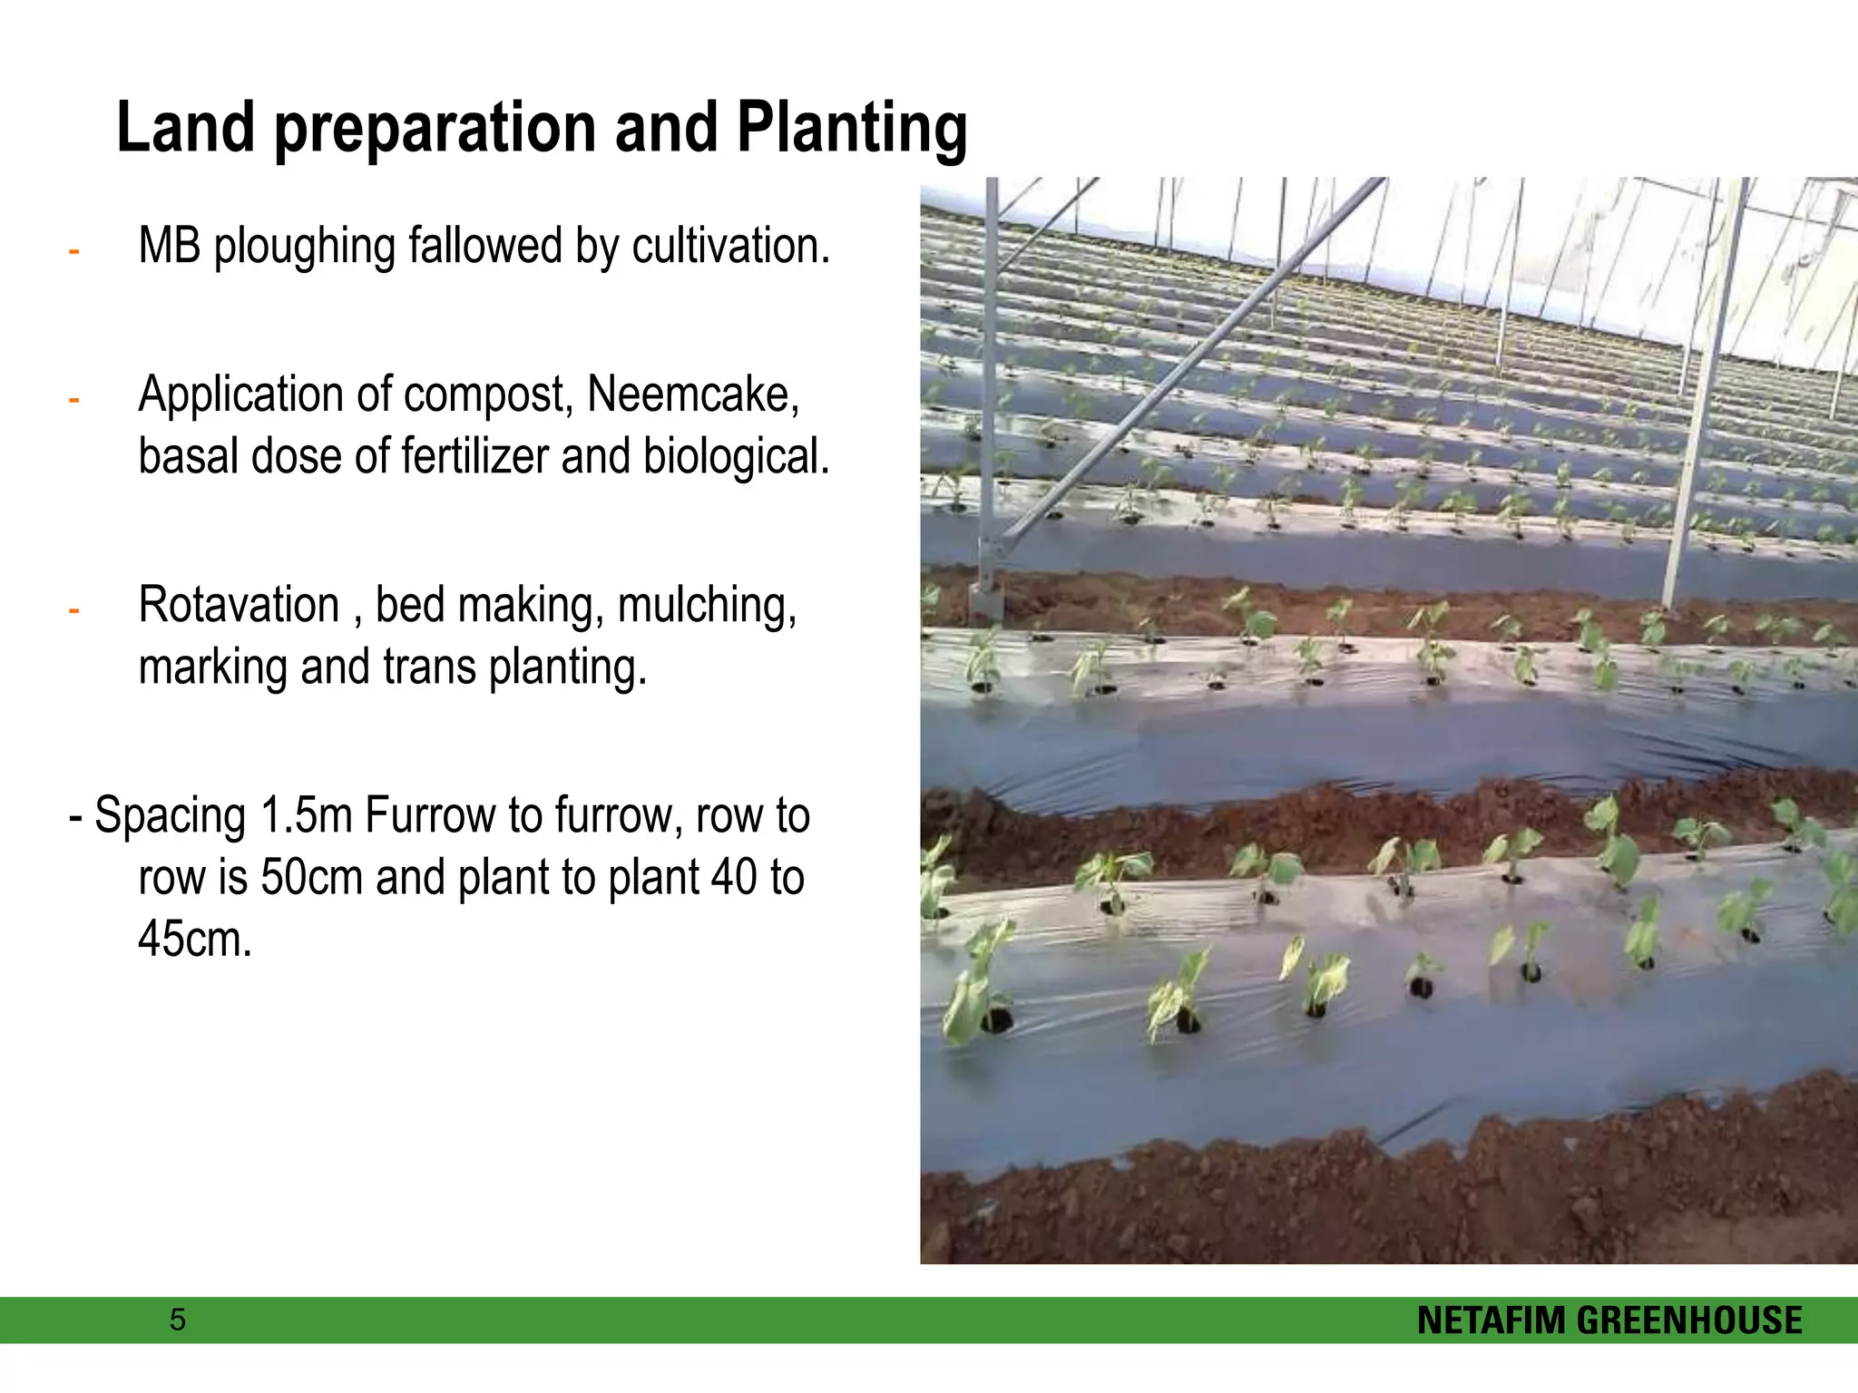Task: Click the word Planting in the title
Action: tap(852, 129)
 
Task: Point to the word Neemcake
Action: tap(693, 395)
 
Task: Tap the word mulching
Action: tap(708, 607)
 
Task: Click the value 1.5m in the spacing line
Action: tap(307, 814)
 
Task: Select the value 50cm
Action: tap(311, 877)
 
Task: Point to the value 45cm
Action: tap(195, 939)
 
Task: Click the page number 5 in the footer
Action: tap(178, 1320)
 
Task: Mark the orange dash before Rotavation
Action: tap(74, 610)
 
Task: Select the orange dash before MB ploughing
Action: tap(74, 251)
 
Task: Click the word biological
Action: tap(737, 455)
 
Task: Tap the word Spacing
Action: tap(171, 816)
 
